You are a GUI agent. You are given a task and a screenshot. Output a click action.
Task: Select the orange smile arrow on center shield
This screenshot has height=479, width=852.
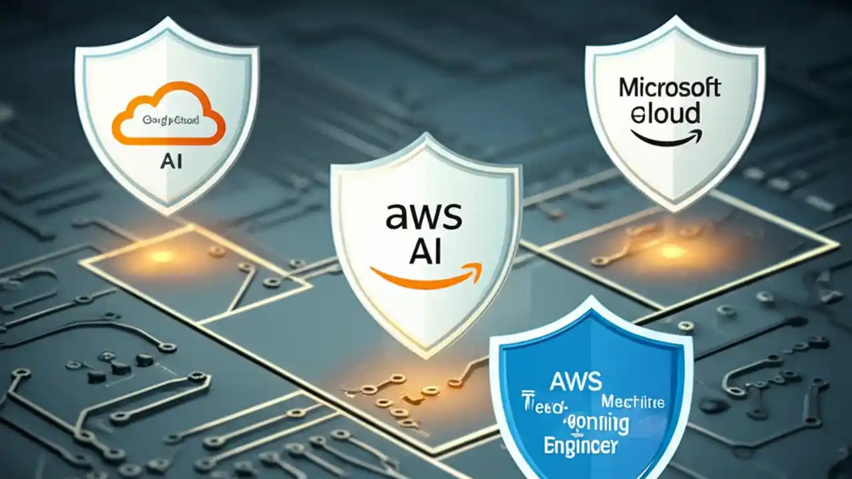(x=427, y=276)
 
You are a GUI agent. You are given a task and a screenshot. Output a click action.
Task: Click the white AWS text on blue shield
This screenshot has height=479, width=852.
(x=576, y=381)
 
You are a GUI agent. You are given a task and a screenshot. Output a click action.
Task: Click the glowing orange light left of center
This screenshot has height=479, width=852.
(x=160, y=255)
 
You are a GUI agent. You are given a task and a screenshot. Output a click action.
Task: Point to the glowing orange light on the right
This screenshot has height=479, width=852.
(x=672, y=251)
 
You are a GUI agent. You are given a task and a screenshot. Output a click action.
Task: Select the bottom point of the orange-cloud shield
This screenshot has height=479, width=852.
(x=166, y=213)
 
